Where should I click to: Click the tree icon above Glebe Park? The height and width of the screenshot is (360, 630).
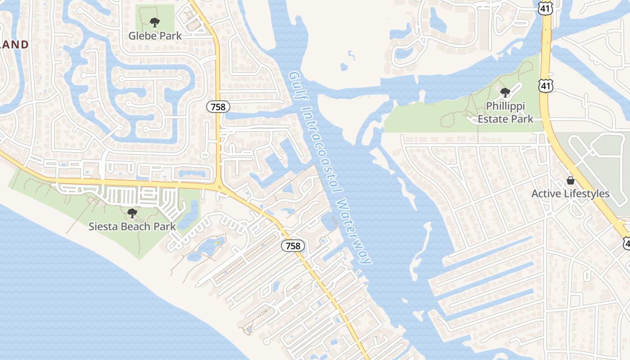coord(155,22)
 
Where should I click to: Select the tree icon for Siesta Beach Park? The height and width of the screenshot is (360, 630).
coord(132,212)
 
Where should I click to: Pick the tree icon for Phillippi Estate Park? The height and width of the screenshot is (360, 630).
coord(505,93)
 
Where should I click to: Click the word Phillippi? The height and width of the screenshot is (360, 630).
coord(505,107)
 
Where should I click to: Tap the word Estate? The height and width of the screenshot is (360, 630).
coord(492,119)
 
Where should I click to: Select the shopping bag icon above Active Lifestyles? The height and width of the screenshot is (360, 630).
coord(571,180)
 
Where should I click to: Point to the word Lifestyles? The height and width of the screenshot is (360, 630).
coord(585,194)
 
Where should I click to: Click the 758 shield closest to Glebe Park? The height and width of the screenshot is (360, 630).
coord(218,107)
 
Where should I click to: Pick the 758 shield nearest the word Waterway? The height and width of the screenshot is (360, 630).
coord(293,246)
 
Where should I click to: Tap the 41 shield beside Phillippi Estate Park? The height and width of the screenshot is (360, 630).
coord(546,85)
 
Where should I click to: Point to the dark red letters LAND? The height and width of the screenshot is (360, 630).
coord(15,45)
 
